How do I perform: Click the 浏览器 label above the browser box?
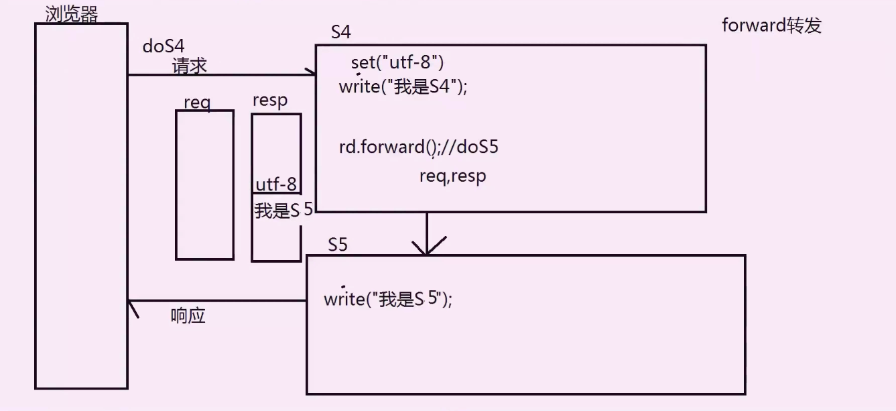71,14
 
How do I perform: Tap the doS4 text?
164,46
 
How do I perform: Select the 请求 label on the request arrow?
190,66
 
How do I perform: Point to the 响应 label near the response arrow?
188,316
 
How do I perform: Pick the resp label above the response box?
270,101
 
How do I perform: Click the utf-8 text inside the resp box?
276,184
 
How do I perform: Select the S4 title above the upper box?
341,32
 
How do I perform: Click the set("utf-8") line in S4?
397,63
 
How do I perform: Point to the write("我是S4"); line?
403,87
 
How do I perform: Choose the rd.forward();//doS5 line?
418,148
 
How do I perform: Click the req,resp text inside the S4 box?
452,176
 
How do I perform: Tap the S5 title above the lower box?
338,245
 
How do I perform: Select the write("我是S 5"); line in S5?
388,299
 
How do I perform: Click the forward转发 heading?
771,25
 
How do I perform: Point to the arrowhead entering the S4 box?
311,74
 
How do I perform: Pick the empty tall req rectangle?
204,184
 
